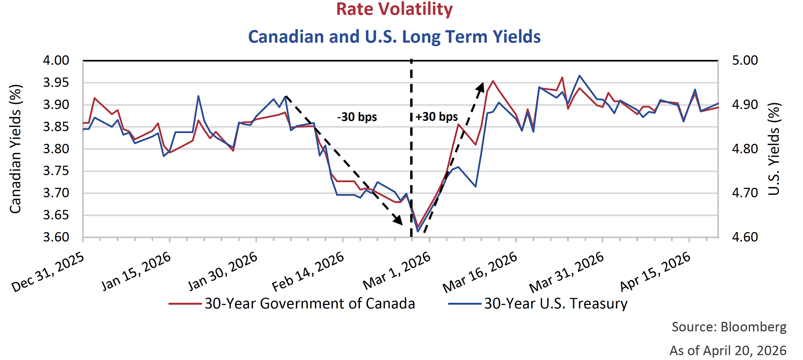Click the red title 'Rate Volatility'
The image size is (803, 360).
394,9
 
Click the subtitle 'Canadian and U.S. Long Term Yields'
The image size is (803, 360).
394,37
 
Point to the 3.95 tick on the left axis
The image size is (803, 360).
56,83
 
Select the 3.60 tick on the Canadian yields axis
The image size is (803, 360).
56,237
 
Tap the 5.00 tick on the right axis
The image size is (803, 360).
745,60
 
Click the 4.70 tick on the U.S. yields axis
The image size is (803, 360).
745,193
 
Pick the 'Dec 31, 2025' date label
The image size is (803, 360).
48,273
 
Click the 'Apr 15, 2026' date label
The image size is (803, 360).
655,271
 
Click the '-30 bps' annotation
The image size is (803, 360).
357,117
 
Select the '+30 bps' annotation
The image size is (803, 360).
436,117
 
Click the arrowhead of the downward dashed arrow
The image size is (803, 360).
398,221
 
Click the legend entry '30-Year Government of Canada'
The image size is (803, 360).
309,304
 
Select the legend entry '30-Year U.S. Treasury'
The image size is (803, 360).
555,304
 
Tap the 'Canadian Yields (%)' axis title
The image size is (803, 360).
16,149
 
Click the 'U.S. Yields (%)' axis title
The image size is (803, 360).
774,149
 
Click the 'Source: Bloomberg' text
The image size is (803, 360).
729,327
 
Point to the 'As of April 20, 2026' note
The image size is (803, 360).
728,351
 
